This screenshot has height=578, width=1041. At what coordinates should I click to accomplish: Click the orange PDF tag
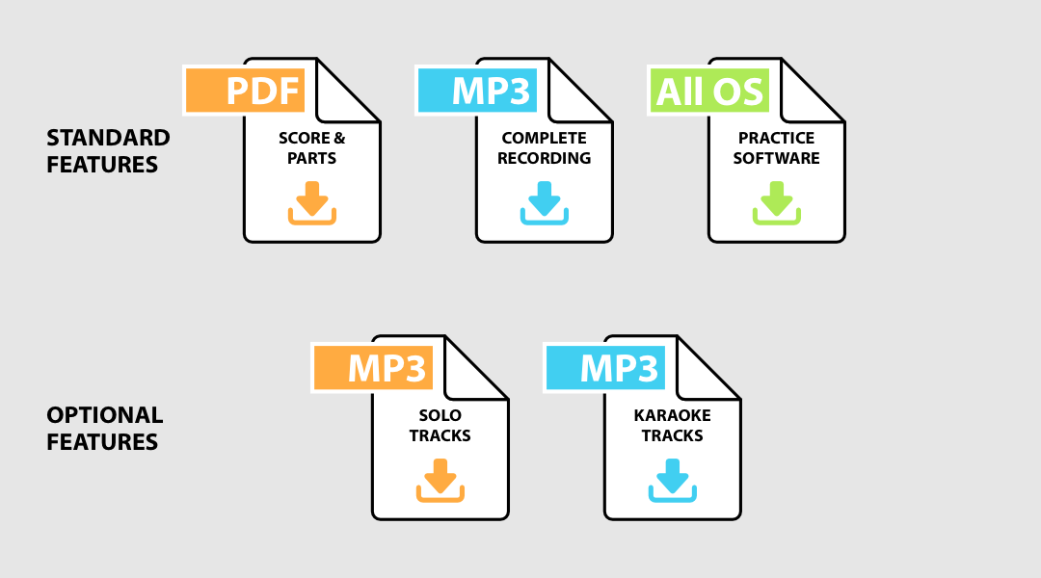[x=245, y=91]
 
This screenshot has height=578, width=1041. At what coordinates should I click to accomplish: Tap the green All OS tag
[x=708, y=91]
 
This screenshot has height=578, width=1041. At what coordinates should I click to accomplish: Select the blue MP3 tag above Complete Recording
[x=477, y=91]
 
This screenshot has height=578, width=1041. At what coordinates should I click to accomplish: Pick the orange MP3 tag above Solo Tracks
[x=373, y=368]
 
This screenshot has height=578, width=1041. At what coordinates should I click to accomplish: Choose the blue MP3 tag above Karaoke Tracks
[x=605, y=368]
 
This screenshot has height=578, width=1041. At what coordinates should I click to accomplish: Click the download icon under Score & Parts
[x=311, y=202]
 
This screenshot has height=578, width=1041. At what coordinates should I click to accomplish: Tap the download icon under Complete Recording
[x=544, y=202]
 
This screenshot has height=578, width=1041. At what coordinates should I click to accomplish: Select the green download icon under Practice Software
[x=776, y=202]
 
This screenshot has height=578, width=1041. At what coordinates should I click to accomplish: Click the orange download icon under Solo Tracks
[x=440, y=480]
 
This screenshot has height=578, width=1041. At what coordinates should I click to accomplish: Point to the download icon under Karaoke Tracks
[x=672, y=480]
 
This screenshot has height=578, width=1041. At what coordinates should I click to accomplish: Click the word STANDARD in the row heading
[x=108, y=138]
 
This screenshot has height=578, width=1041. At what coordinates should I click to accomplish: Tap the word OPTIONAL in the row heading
[x=104, y=415]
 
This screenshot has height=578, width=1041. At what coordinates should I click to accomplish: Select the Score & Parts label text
[x=311, y=147]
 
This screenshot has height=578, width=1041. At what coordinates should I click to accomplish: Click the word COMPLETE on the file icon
[x=544, y=138]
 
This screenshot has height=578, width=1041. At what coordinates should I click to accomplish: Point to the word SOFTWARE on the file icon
[x=776, y=158]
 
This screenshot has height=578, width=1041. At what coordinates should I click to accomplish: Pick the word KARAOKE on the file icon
[x=672, y=415]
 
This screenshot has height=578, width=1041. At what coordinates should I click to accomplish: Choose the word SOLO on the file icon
[x=440, y=415]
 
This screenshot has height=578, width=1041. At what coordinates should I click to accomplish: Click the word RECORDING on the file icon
[x=544, y=158]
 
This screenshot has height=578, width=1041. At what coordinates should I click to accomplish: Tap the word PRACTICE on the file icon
[x=776, y=138]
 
